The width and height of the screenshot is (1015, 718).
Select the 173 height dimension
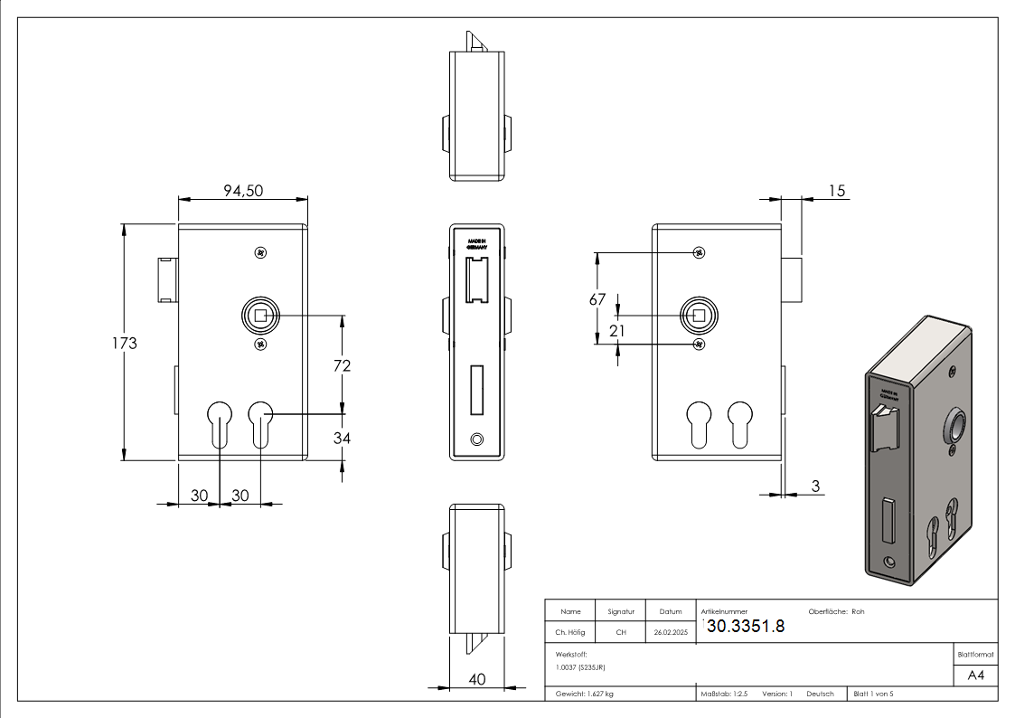tap(125, 344)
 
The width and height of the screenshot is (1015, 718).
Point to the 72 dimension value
tap(342, 365)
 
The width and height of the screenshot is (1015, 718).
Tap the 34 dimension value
tap(342, 438)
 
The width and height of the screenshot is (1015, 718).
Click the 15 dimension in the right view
tap(836, 190)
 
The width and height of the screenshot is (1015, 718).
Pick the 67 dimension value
tap(597, 300)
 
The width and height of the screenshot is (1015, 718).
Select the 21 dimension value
tap(617, 331)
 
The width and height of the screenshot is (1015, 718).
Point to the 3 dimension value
tap(815, 487)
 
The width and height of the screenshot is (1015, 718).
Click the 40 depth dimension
tap(476, 679)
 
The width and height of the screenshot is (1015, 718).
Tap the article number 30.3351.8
tap(745, 627)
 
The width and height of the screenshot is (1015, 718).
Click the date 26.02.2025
tap(671, 632)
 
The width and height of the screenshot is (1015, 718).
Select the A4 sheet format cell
tap(976, 675)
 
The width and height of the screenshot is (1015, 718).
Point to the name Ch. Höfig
tap(571, 632)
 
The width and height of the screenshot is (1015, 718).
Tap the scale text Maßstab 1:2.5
tap(724, 694)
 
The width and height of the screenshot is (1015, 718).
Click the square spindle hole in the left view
tap(260, 316)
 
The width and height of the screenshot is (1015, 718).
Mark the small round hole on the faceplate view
tap(477, 439)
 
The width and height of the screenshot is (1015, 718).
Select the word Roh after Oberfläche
tap(858, 611)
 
